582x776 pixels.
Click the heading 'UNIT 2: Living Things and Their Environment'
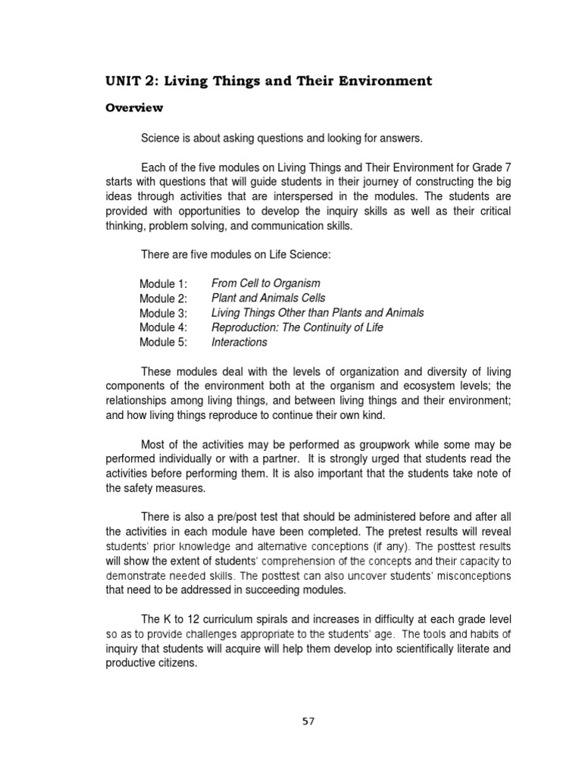point(268,80)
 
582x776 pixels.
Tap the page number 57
point(308,721)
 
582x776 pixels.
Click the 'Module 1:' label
point(163,284)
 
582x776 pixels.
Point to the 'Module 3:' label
point(163,313)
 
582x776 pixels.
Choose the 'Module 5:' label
point(163,342)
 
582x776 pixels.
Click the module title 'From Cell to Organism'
point(266,283)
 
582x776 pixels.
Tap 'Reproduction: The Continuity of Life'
point(297,327)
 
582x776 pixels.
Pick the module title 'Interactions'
point(239,342)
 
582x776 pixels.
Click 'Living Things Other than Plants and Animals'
point(318,312)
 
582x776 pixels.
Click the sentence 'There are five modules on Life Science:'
point(236,255)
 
